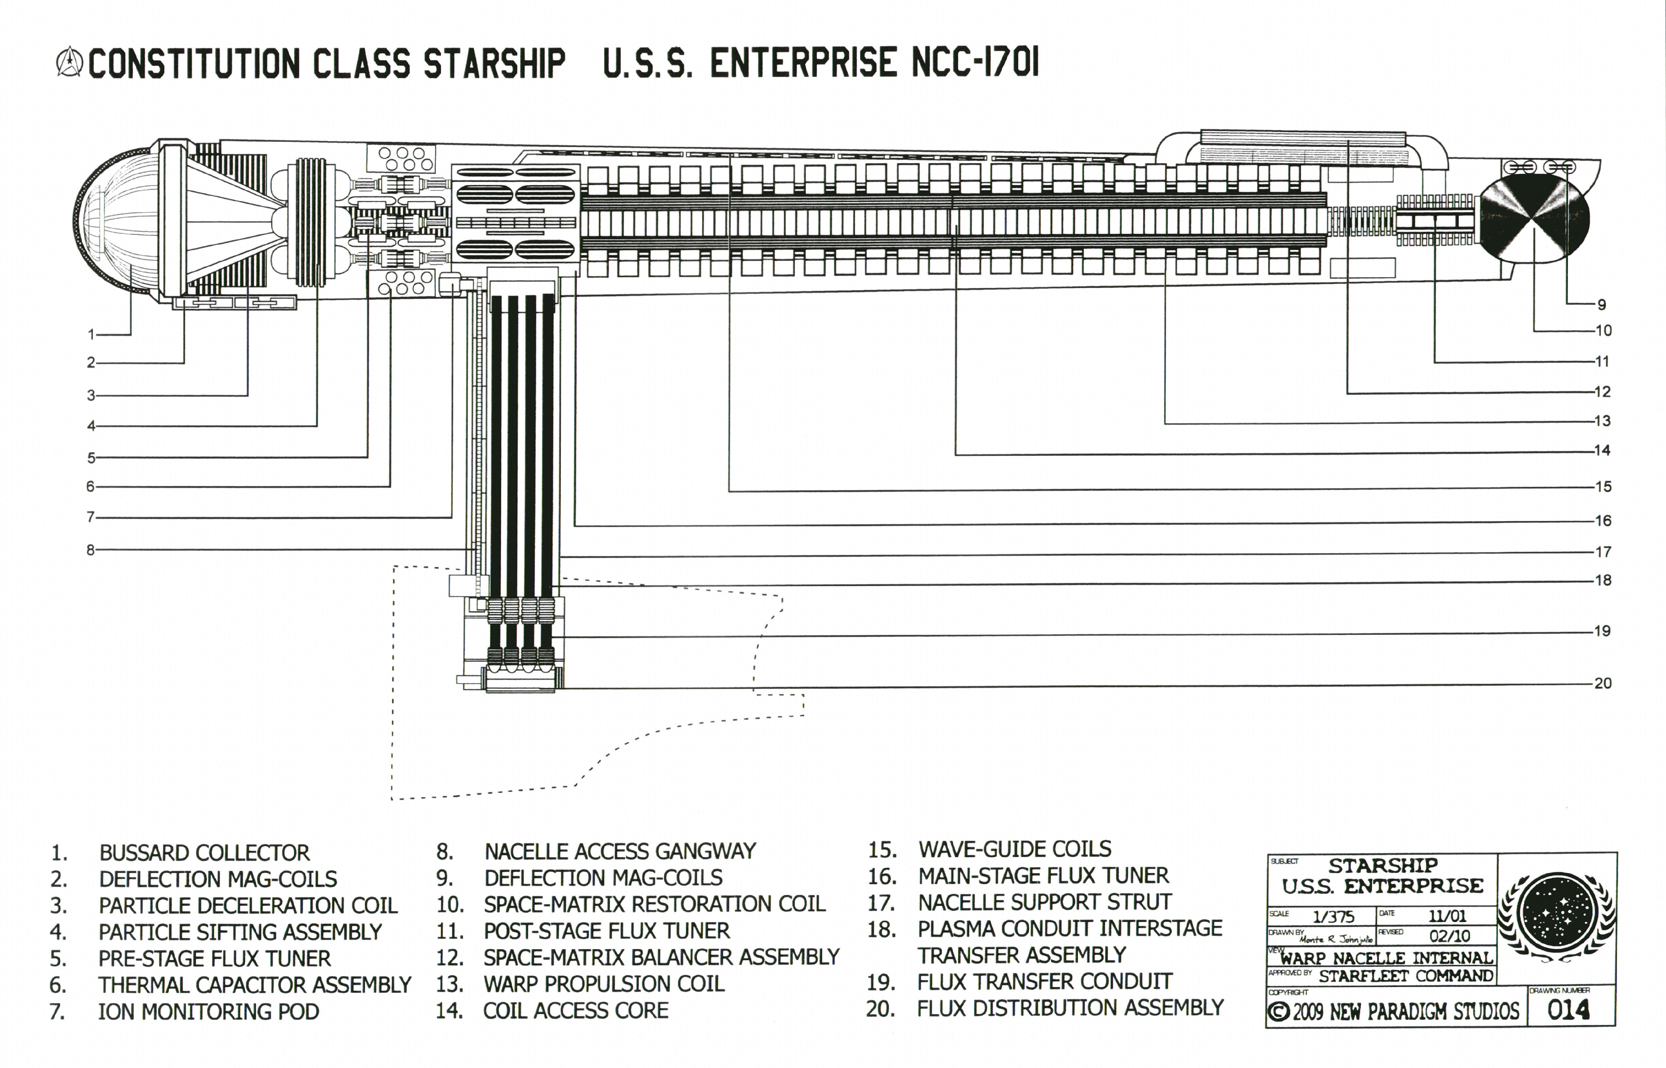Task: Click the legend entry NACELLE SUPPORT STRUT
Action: point(1044,902)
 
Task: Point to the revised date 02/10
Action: point(1449,935)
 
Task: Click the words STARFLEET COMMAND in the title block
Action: point(1406,976)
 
